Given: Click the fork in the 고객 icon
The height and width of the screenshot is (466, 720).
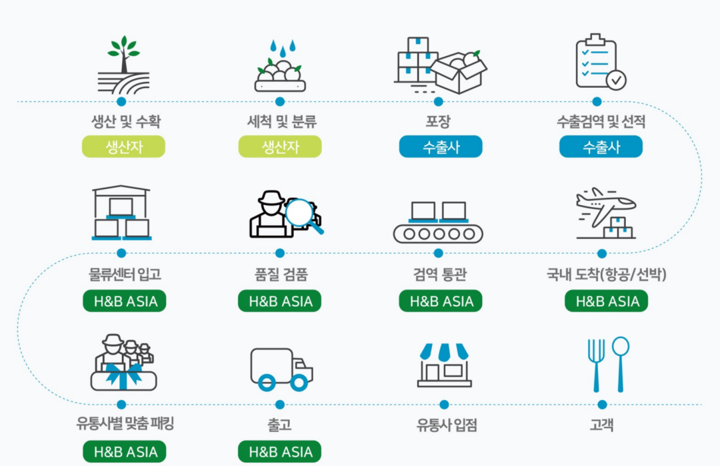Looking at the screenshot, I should [595, 363].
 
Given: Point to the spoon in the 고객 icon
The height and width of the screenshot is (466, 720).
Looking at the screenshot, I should [620, 362].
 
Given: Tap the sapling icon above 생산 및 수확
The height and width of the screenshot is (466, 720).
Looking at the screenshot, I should [123, 63].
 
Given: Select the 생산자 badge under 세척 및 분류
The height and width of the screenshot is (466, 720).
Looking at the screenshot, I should [280, 147].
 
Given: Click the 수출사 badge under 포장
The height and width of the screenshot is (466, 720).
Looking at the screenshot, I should [440, 147].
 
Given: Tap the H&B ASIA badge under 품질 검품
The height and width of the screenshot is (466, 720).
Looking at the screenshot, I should [280, 302].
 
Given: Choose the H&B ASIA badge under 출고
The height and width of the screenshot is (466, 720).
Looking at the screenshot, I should [280, 452].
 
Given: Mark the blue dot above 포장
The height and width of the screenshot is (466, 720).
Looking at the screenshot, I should [439, 102].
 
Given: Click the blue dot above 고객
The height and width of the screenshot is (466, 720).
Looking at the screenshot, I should [602, 404].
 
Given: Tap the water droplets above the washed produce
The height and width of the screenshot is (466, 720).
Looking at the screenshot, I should [282, 49].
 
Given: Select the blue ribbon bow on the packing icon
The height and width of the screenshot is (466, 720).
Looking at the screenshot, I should [124, 373].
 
